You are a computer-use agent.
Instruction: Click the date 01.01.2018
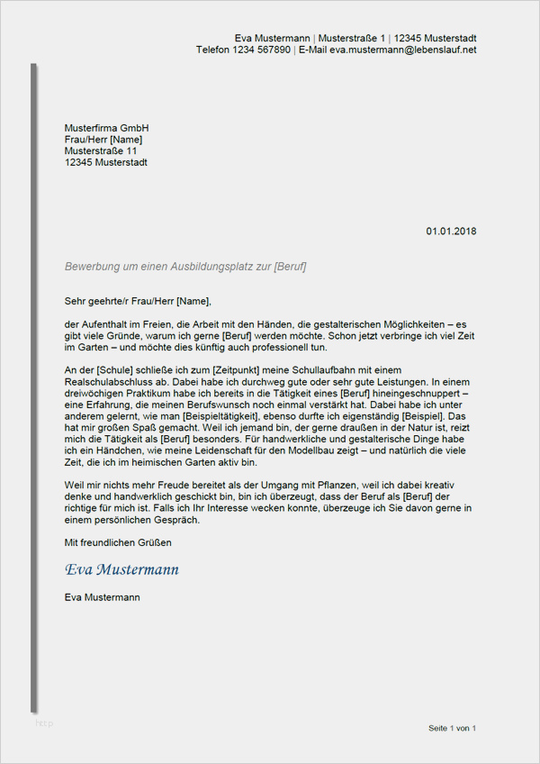pyautogui.click(x=451, y=232)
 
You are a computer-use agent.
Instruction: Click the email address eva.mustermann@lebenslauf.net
pyautogui.click(x=402, y=50)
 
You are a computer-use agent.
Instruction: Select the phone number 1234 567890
pyautogui.click(x=262, y=50)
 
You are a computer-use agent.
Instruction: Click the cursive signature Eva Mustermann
pyautogui.click(x=121, y=569)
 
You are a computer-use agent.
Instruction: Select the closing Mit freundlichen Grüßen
pyautogui.click(x=118, y=542)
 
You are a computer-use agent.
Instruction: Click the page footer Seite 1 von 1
pyautogui.click(x=452, y=727)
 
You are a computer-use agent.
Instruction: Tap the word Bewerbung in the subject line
pyautogui.click(x=90, y=268)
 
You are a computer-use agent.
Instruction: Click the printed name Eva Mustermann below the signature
pyautogui.click(x=102, y=596)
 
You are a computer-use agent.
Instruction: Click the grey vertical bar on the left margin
pyautogui.click(x=34, y=387)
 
